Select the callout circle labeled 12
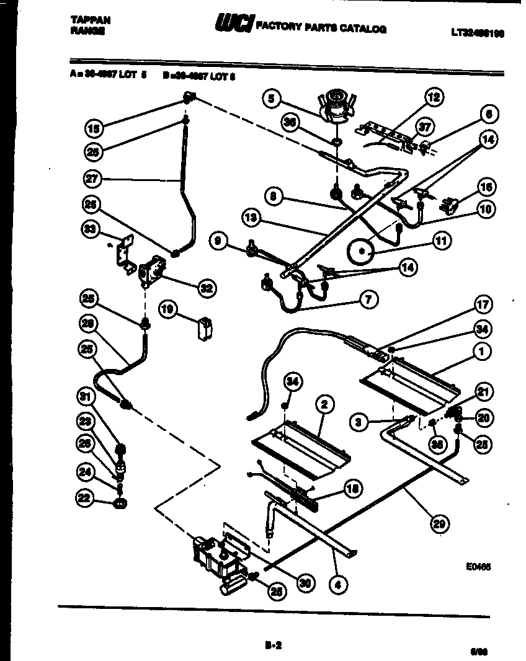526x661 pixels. [433, 97]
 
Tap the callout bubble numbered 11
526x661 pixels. [442, 241]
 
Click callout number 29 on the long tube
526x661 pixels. [439, 523]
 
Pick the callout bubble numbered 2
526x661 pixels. [324, 405]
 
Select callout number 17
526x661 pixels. [483, 304]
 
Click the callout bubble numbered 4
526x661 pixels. [339, 583]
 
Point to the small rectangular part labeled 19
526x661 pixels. [202, 329]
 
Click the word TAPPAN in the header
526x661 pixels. [91, 20]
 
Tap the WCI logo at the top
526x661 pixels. [233, 24]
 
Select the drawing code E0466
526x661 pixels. [478, 566]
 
